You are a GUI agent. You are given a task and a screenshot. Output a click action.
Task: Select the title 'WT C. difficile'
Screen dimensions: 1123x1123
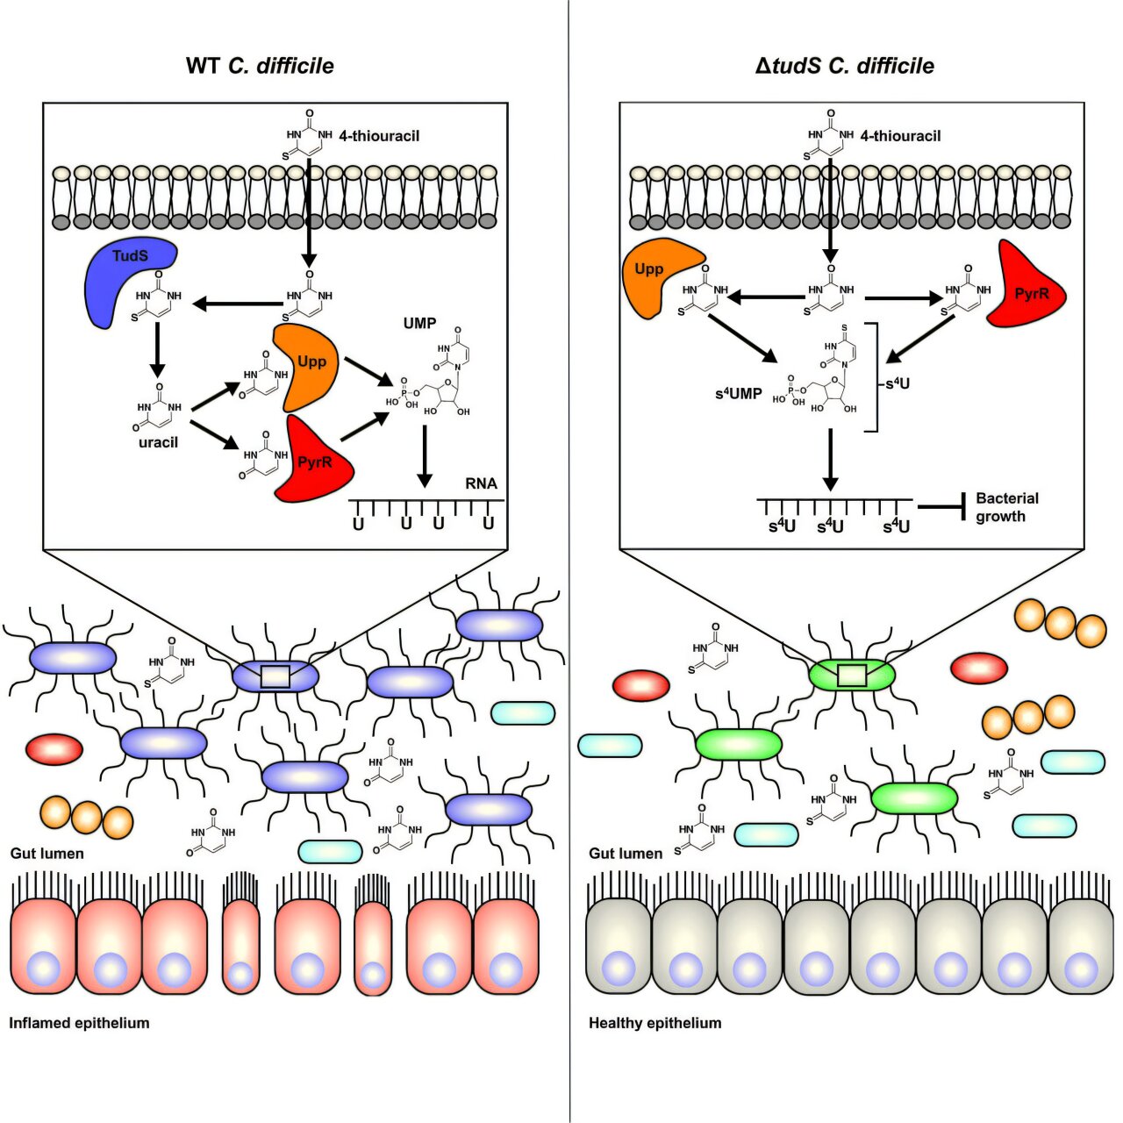tap(260, 66)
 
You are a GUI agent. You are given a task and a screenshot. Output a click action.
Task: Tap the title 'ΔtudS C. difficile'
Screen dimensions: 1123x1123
tap(845, 66)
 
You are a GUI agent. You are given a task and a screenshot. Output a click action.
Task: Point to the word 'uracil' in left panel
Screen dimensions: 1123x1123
tap(158, 442)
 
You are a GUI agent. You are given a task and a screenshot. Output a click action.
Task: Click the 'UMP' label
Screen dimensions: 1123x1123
tap(419, 323)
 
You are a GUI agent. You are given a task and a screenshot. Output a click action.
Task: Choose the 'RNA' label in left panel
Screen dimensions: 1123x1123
tap(481, 483)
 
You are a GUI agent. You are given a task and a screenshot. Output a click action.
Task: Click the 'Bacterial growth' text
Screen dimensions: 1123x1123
tap(1006, 507)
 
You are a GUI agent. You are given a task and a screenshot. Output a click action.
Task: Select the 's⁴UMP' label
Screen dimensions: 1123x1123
tap(738, 394)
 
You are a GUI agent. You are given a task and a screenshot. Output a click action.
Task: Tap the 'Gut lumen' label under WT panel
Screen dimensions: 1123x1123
tap(47, 853)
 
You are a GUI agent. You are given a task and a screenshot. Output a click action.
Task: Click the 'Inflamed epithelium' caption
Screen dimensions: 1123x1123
tap(79, 1023)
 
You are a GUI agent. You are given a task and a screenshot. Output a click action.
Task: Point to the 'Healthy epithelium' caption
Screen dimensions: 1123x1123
tap(654, 1023)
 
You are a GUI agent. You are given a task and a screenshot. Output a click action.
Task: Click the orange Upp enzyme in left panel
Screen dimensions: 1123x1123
tap(307, 367)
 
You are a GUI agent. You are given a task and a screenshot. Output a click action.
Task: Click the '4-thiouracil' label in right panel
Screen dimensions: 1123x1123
tap(900, 136)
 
